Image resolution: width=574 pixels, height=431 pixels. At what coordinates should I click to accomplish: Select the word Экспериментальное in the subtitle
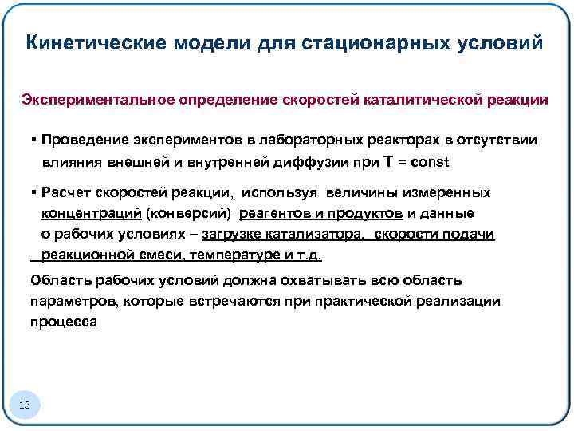98,101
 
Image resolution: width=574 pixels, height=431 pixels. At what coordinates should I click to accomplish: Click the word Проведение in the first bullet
87,140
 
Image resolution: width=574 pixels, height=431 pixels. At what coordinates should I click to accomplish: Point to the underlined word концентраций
92,213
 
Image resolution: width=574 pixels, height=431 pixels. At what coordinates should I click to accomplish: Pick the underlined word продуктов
365,213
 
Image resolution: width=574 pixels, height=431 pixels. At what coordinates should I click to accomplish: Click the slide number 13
25,405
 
